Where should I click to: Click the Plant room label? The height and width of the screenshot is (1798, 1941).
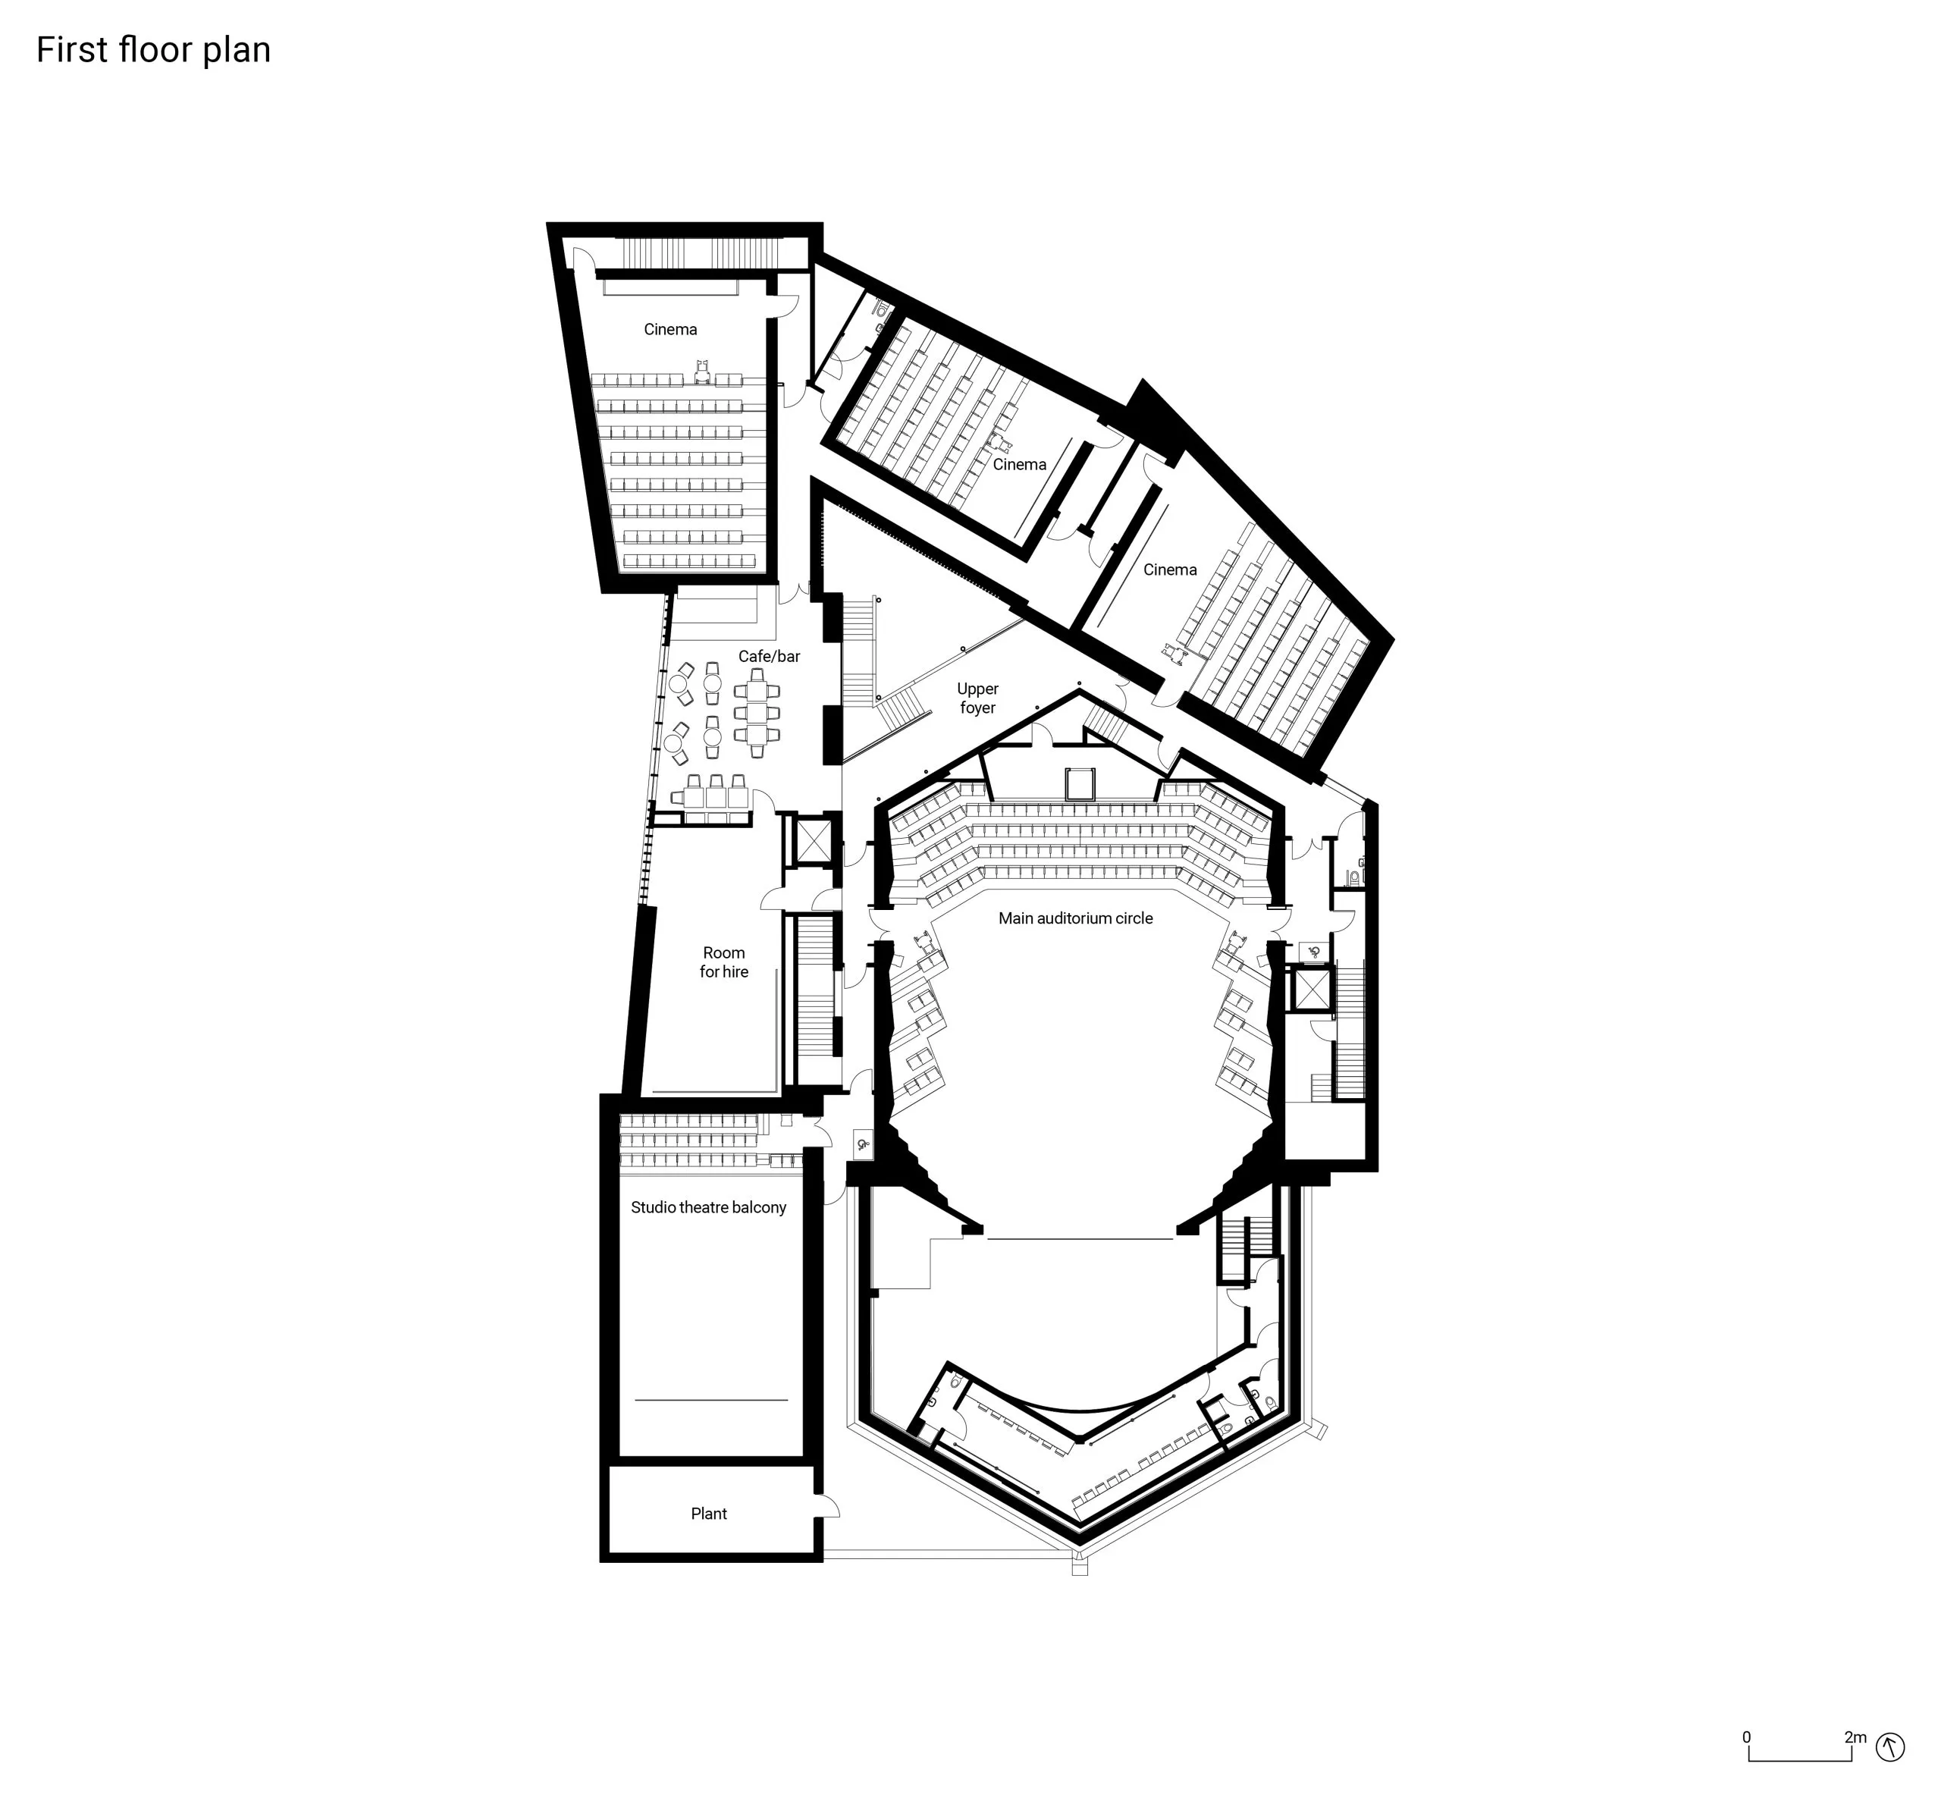pyautogui.click(x=708, y=1513)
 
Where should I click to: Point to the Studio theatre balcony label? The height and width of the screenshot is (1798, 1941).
pyautogui.click(x=708, y=1207)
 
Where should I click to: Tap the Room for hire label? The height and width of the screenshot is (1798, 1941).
pyautogui.click(x=724, y=962)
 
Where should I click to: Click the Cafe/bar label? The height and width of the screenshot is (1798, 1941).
pyautogui.click(x=769, y=657)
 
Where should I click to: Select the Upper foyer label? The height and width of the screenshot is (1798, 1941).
pyautogui.click(x=977, y=698)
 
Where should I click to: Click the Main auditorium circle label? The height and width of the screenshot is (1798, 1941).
pyautogui.click(x=1075, y=918)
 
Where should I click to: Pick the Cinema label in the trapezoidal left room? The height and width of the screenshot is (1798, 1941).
pyautogui.click(x=670, y=330)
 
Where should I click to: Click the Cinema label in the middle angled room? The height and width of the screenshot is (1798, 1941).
pyautogui.click(x=1019, y=465)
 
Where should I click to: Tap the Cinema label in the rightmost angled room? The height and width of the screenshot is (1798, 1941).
pyautogui.click(x=1169, y=570)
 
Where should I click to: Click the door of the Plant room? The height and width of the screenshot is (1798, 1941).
pyautogui.click(x=827, y=1506)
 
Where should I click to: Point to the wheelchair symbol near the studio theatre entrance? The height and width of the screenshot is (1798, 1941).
pyautogui.click(x=863, y=1145)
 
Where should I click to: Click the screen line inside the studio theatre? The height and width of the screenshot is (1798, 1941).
pyautogui.click(x=711, y=1399)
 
